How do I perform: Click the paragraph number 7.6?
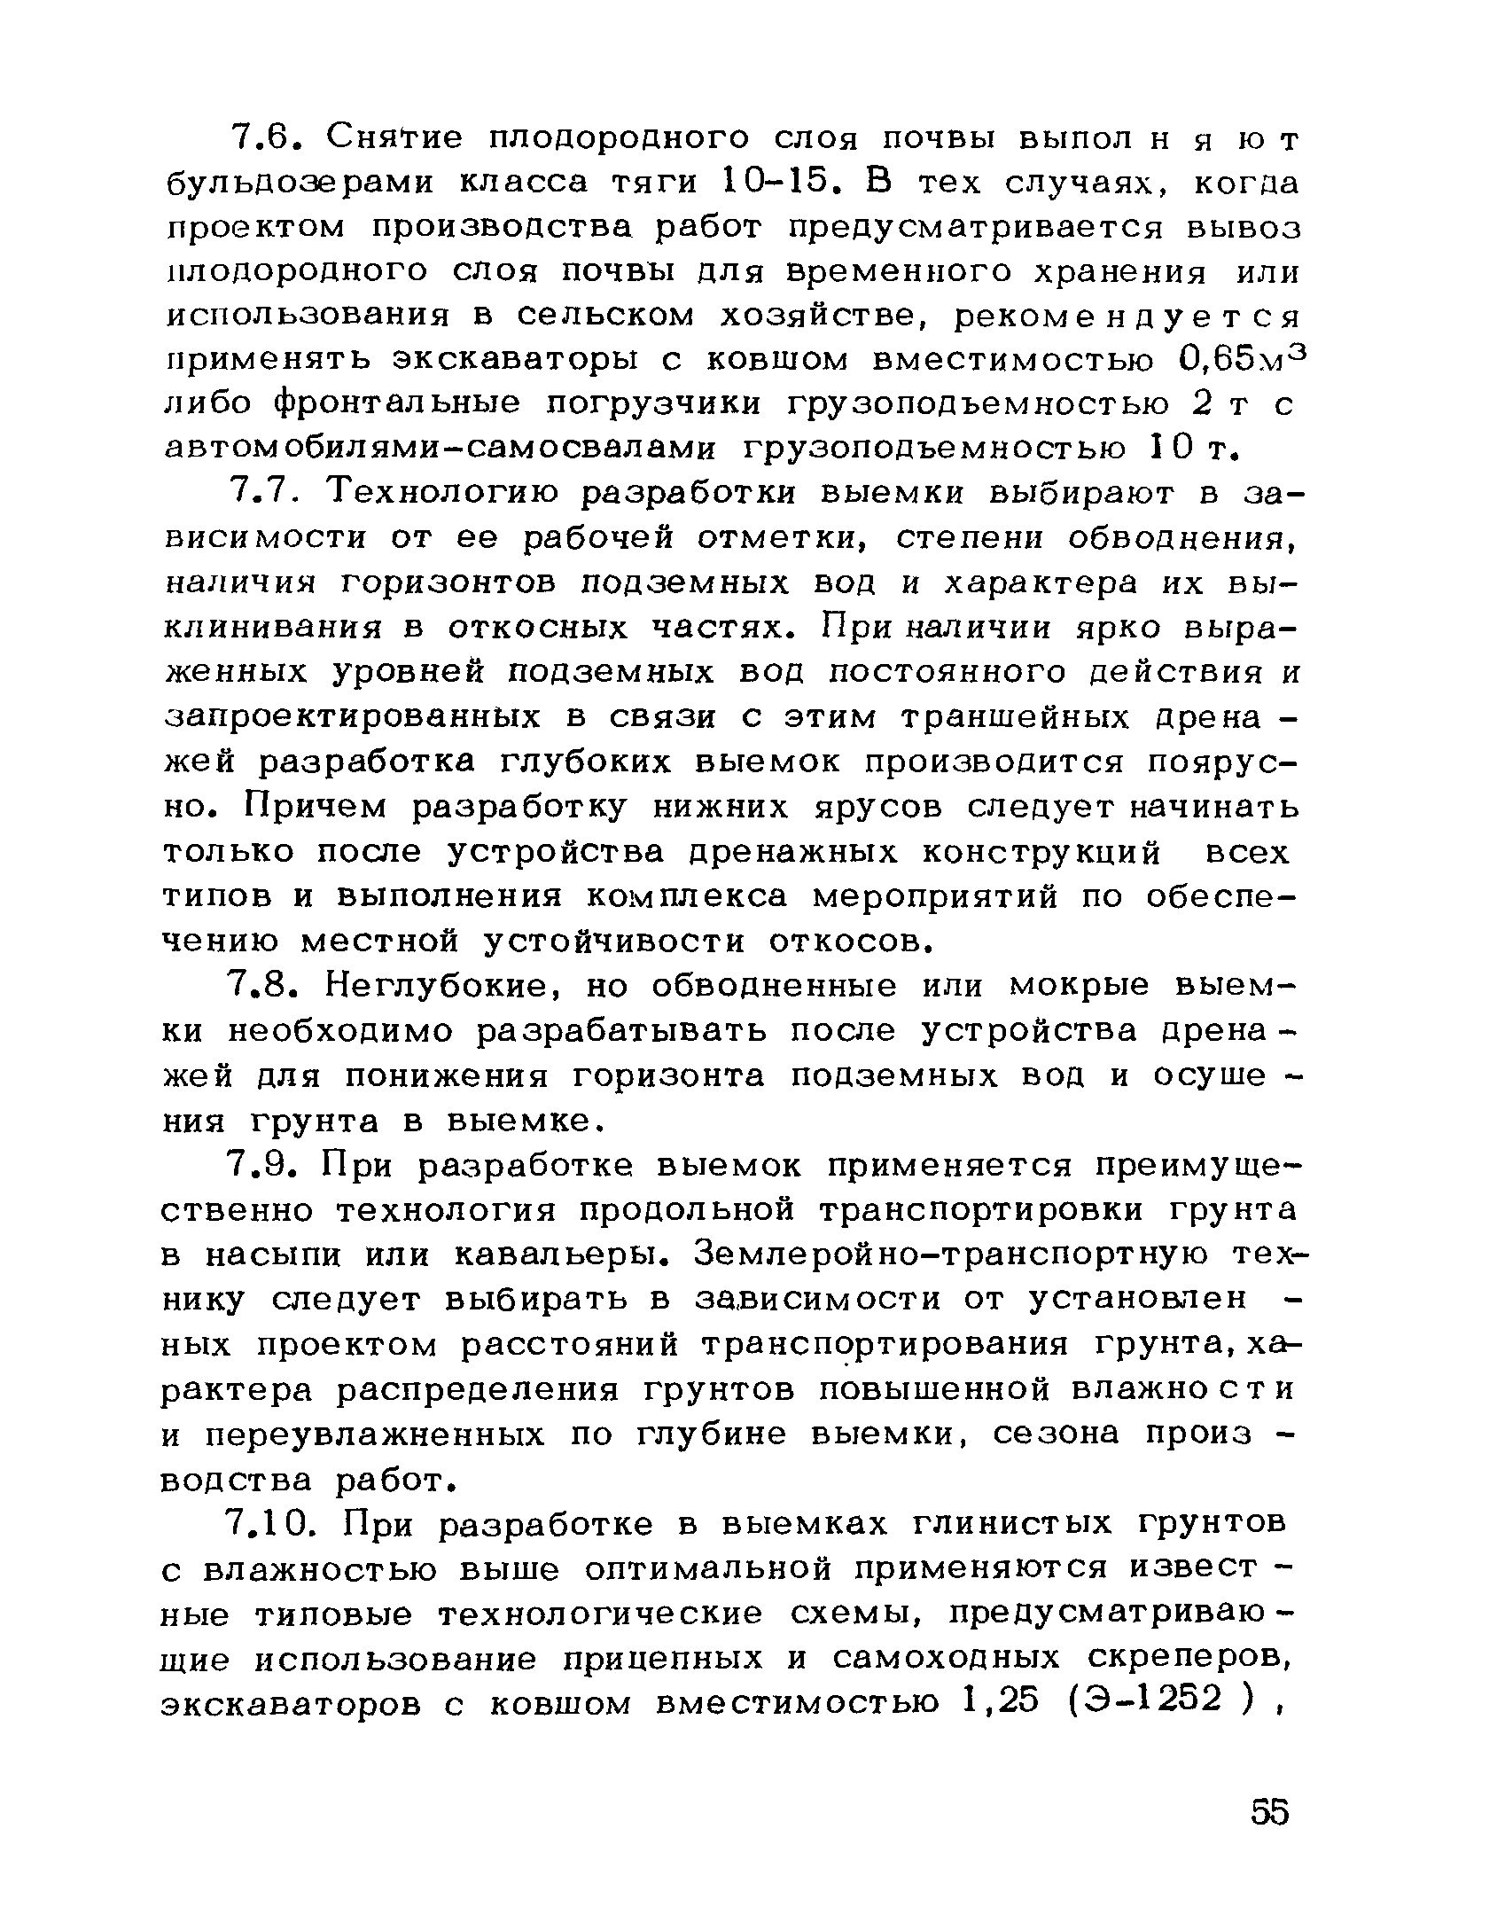coord(269,138)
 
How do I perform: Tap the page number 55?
coord(1269,1811)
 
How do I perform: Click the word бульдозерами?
coord(302,184)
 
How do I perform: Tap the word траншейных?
coord(1015,716)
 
